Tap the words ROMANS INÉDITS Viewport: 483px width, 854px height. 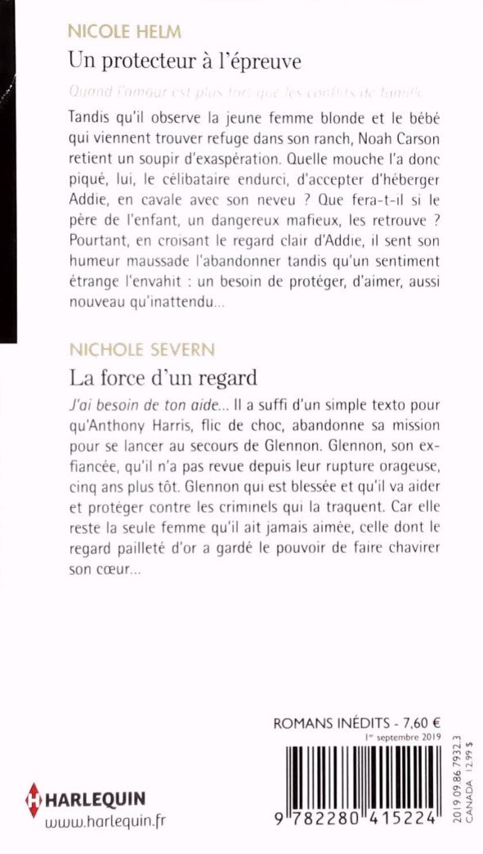(327, 723)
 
